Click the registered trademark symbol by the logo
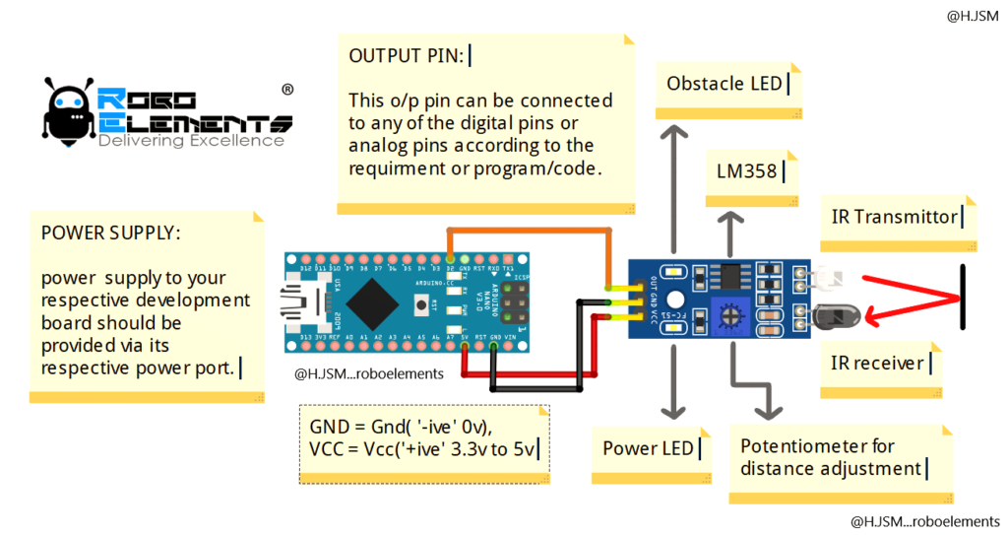pyautogui.click(x=286, y=89)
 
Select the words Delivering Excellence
pyautogui.click(x=191, y=141)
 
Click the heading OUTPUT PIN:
pyautogui.click(x=406, y=56)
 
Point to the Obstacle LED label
pyautogui.click(x=724, y=84)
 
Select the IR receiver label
pyautogui.click(x=877, y=364)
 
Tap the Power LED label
pyautogui.click(x=648, y=448)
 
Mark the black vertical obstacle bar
pyautogui.click(x=963, y=297)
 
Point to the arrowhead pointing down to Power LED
pyautogui.click(x=674, y=412)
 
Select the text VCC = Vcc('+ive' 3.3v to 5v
pyautogui.click(x=418, y=450)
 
